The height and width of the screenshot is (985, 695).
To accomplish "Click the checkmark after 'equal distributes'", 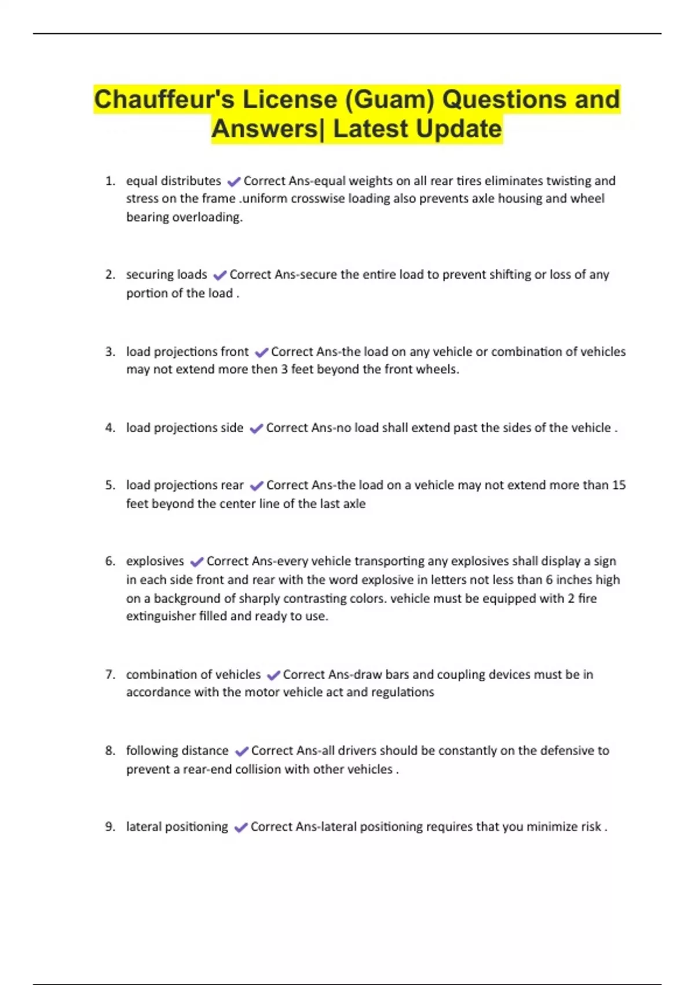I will pyautogui.click(x=233, y=181).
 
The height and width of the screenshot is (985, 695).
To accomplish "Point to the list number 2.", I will pyautogui.click(x=110, y=275).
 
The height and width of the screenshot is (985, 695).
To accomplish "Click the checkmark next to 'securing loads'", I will pyautogui.click(x=220, y=275).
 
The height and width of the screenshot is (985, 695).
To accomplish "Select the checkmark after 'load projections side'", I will pyautogui.click(x=255, y=429).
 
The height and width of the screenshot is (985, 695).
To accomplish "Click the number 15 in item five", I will pyautogui.click(x=619, y=485).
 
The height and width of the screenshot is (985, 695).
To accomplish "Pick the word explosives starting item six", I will pyautogui.click(x=155, y=561).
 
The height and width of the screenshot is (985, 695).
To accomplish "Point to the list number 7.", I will pyautogui.click(x=110, y=674).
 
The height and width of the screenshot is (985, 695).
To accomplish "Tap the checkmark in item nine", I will pyautogui.click(x=240, y=827).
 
